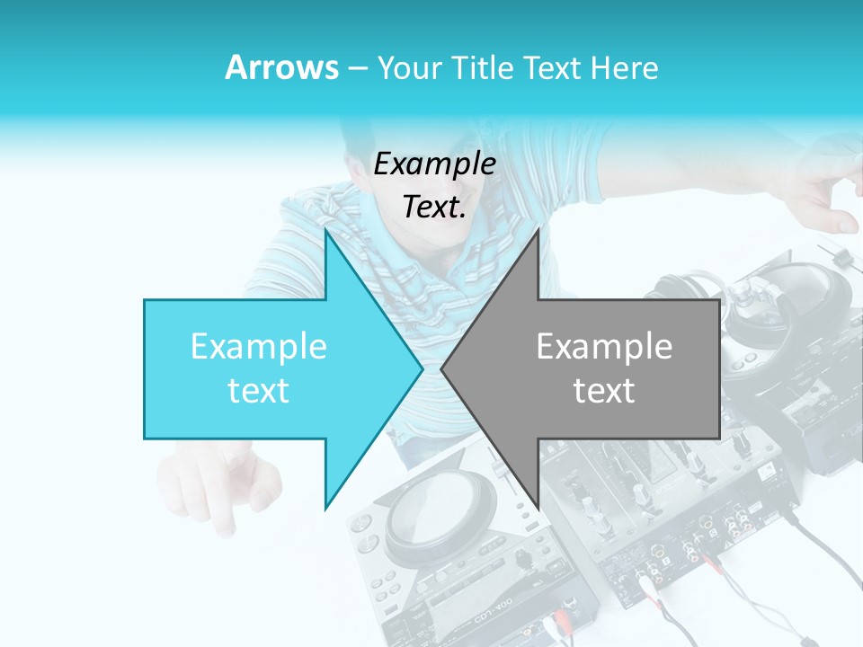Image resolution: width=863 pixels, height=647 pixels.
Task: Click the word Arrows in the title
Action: pos(282,67)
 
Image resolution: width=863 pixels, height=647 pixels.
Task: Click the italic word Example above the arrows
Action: pos(434,164)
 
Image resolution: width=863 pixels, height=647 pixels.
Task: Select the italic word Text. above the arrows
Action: pos(434,208)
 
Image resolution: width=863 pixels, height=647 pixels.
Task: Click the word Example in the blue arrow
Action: pos(259,347)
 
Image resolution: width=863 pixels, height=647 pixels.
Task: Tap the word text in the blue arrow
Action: pos(259,391)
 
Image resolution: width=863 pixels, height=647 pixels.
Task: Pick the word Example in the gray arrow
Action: pos(604,347)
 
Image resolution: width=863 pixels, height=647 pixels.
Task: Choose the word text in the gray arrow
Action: pos(604,391)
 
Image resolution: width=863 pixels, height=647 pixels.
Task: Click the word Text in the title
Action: pos(556,68)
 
